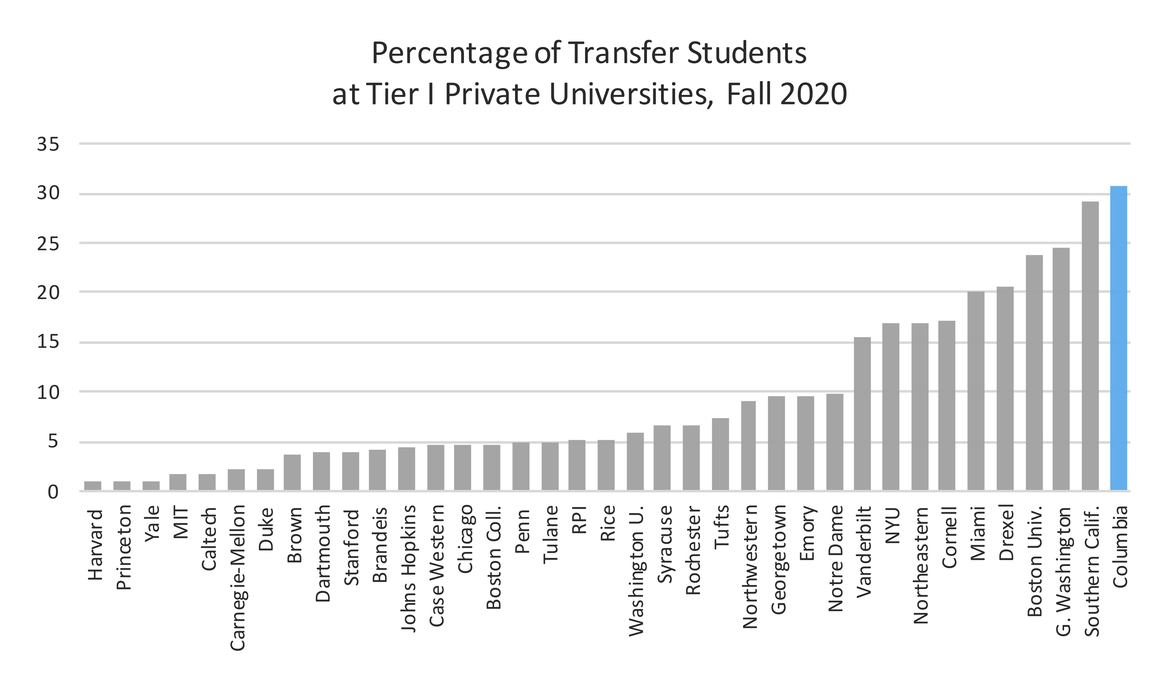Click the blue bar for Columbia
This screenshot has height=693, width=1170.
tap(1118, 338)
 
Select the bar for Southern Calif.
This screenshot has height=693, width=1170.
tap(1090, 346)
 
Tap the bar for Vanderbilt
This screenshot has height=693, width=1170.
tap(862, 414)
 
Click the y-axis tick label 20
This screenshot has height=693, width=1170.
tap(48, 293)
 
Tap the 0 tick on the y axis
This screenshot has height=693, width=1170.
tap(53, 492)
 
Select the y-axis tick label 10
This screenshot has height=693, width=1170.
tap(48, 392)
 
